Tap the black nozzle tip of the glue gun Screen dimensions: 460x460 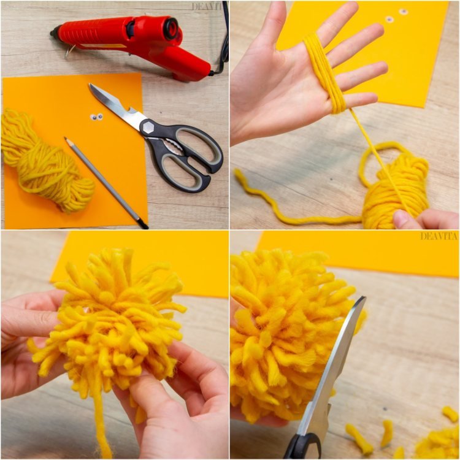[x=54, y=32]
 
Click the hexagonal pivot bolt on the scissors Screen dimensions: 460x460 [x=148, y=127]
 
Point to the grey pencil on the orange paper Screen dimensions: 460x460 [x=106, y=183]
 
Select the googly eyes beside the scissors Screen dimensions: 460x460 [x=96, y=117]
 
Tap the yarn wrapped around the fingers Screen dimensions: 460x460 [x=324, y=74]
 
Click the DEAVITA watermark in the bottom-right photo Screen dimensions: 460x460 [x=439, y=236]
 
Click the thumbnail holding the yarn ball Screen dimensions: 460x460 [x=401, y=218]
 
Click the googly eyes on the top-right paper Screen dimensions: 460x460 [x=396, y=15]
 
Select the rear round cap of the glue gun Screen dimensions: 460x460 [x=171, y=28]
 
